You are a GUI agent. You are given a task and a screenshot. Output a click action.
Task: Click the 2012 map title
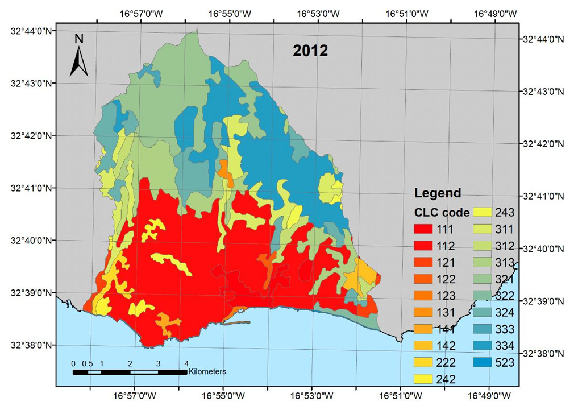pos(310,51)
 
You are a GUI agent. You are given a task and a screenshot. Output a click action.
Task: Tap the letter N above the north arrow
pos(79,39)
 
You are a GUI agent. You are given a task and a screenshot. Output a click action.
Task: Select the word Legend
pos(438,193)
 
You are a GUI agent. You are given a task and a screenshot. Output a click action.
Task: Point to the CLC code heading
pos(442,213)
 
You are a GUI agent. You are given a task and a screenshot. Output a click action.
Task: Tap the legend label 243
pos(505,213)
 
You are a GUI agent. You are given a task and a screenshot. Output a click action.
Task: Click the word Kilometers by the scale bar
pos(207,371)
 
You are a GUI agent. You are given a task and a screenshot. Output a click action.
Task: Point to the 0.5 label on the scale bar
pos(87,363)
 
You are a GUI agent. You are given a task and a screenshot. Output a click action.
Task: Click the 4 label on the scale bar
pos(186,363)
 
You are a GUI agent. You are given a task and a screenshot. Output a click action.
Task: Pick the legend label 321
pos(505,279)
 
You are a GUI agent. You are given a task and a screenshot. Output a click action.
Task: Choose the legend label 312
pos(505,246)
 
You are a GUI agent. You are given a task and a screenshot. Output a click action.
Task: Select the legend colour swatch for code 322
pos(483,296)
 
